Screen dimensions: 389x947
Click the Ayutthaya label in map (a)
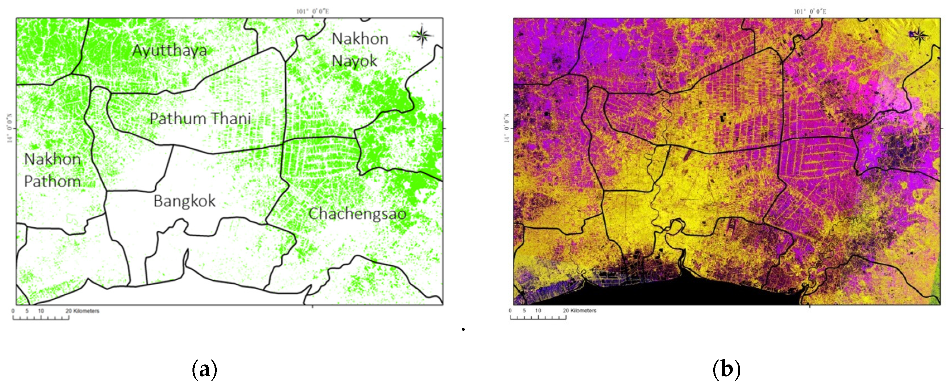[170, 50]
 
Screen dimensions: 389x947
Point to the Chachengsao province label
[357, 214]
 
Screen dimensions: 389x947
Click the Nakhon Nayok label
[359, 50]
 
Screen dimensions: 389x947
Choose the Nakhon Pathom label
[52, 170]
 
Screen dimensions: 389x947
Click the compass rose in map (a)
[422, 36]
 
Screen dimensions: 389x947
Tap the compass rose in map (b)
[919, 36]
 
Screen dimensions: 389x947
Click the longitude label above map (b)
[809, 11]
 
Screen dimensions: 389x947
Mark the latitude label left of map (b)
[507, 128]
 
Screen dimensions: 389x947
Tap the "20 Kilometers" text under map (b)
[579, 311]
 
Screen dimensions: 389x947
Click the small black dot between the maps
[463, 329]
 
